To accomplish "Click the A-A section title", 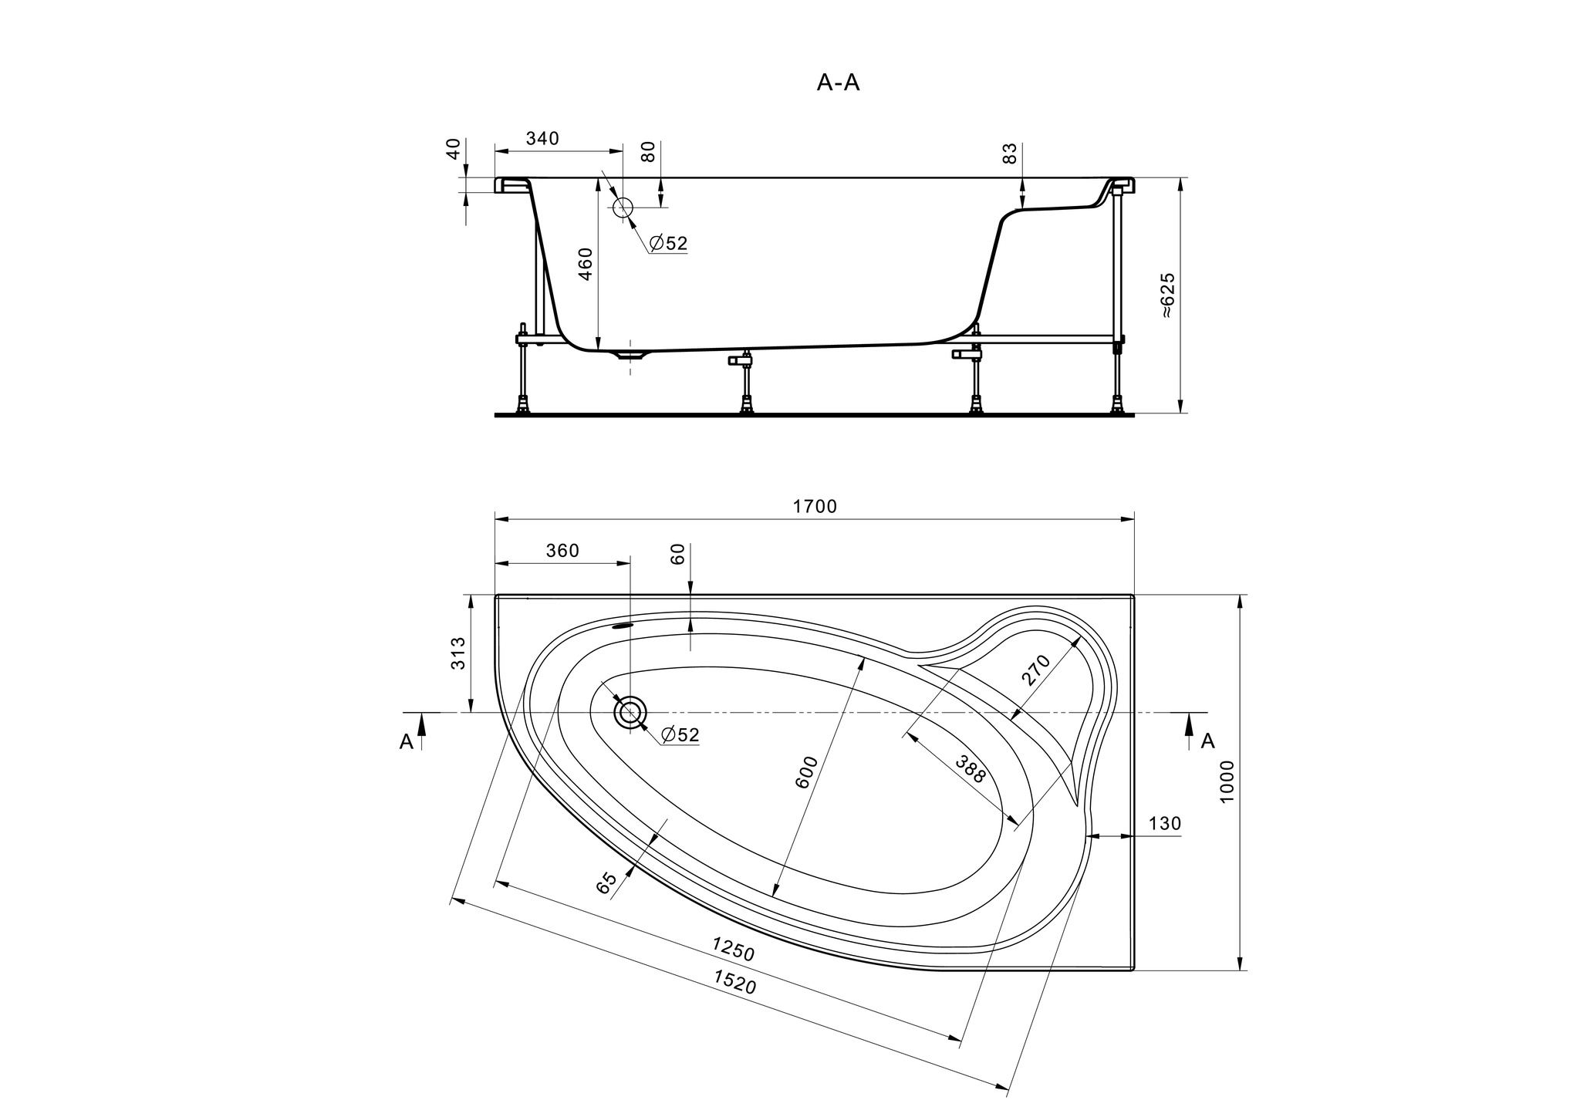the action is (x=838, y=83).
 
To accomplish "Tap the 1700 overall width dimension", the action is (x=815, y=507).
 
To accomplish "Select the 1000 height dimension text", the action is (x=1227, y=781).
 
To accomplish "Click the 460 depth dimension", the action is (x=586, y=264).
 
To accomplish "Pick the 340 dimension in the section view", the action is (x=542, y=139).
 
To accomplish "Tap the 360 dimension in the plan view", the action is (x=562, y=551).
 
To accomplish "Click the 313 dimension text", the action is (x=458, y=653).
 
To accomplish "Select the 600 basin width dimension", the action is (x=805, y=772).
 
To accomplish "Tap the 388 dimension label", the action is (x=971, y=769).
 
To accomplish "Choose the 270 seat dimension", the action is (x=1035, y=670).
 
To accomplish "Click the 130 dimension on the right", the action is (x=1165, y=823).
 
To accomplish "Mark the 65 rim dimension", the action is (x=607, y=882).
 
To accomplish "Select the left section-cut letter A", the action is (x=407, y=741).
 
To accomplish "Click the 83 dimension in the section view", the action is (x=1010, y=153).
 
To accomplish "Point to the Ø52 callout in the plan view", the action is (x=680, y=734).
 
